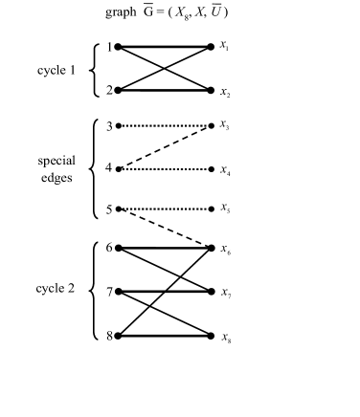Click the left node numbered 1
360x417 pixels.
coord(117,46)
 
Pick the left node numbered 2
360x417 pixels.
coord(117,91)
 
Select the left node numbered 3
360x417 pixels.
coord(117,125)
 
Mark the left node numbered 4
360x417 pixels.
coord(117,169)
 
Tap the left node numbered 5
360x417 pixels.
coord(117,208)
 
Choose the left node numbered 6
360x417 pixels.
coord(117,248)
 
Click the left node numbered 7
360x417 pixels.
coord(117,292)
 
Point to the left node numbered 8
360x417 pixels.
coord(117,336)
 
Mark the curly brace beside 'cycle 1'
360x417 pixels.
coord(93,69)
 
